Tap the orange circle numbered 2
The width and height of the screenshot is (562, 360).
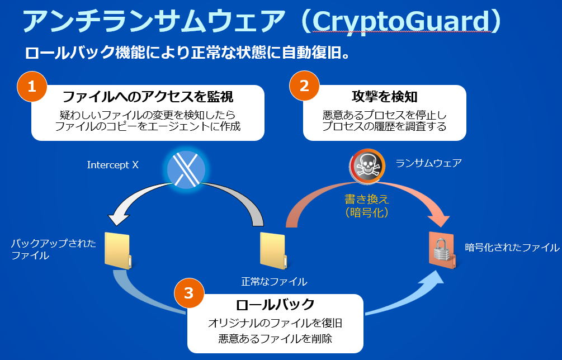(x=304, y=86)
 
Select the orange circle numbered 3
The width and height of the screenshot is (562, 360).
(x=188, y=293)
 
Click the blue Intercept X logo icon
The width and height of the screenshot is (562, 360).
(x=186, y=168)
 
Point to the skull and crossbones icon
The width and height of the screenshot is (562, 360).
(x=366, y=166)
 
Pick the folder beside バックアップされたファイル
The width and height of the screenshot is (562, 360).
(x=118, y=250)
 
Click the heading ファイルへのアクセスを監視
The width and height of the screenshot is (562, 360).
(x=148, y=97)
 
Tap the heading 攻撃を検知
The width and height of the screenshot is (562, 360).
(x=385, y=97)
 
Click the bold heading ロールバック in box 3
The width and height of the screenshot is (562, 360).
(x=275, y=305)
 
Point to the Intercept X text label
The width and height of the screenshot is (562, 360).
(x=112, y=165)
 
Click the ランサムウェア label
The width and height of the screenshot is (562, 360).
(x=428, y=163)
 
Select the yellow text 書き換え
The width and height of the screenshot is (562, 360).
(x=367, y=200)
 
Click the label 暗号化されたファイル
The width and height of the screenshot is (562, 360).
(x=512, y=247)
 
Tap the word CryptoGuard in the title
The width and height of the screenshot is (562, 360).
(x=400, y=21)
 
